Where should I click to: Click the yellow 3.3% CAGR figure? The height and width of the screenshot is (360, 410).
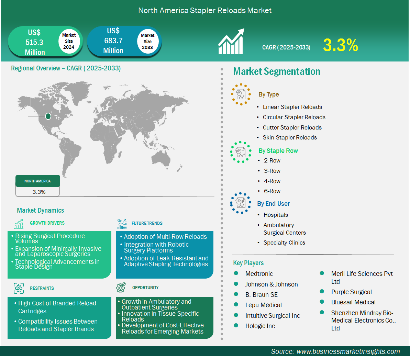coord(341,45)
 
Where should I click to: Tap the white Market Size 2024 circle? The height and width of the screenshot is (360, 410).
coord(69,41)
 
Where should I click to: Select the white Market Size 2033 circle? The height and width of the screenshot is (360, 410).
coord(147,41)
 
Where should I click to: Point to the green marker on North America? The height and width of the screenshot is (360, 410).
coord(48,116)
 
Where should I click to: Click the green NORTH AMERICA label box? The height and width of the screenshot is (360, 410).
coord(38,181)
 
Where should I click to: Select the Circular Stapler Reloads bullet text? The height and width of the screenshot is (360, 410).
coord(294,117)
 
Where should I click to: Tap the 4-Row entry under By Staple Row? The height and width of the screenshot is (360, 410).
coord(272,181)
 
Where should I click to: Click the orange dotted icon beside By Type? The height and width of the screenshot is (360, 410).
coord(241,94)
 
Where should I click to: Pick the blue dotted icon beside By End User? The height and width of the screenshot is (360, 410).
coord(241,203)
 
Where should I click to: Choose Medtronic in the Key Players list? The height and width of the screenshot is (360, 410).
coord(259,274)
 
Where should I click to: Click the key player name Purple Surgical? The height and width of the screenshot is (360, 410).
coord(352,292)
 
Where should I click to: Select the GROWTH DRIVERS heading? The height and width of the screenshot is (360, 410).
coord(47,223)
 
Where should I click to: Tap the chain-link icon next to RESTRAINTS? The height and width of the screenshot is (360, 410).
coord(19,288)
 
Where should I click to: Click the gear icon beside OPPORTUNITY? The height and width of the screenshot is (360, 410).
coord(121,288)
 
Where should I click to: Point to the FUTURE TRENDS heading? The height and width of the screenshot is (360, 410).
coord(147,224)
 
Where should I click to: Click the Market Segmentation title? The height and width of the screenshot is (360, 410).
coord(277,72)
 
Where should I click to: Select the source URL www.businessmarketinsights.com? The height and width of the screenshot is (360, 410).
coord(348,351)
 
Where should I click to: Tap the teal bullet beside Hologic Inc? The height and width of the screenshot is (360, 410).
coord(236,326)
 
